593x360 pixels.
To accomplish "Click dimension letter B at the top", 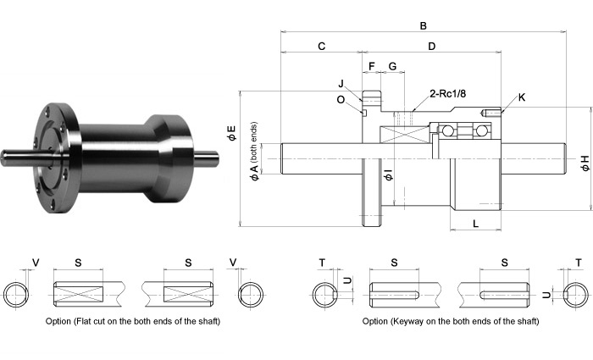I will pos(423,25).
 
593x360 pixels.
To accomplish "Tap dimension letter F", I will pos(371,65).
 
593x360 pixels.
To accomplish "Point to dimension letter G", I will pos(392,65).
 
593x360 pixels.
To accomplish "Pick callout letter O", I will pos(341,98).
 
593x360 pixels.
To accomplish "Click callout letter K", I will pos(521,97).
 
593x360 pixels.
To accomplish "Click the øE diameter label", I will pos(232,132).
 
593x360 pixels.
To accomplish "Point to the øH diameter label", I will pos(585,163).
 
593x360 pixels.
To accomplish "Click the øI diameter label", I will pos(386,175).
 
